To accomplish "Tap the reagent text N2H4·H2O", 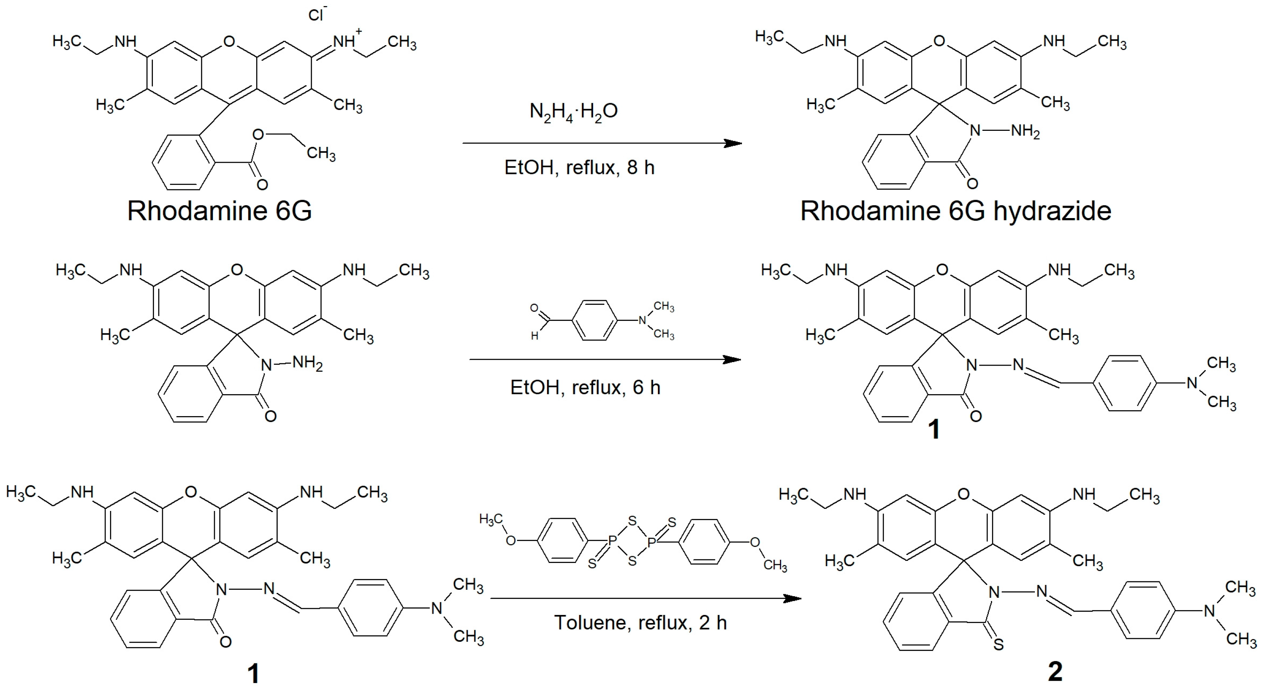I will (573, 112).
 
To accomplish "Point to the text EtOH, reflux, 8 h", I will (579, 168).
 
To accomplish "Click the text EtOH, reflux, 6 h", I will (585, 388).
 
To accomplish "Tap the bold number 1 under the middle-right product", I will (934, 429).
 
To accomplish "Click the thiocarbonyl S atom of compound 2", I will (998, 645).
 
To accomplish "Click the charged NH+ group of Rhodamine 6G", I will (346, 41).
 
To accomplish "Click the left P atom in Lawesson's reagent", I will (612, 541).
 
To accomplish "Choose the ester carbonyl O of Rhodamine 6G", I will (262, 185).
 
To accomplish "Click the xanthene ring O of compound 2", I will (963, 494).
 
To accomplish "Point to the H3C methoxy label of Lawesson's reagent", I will (491, 519).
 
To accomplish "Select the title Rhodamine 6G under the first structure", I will (219, 211).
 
